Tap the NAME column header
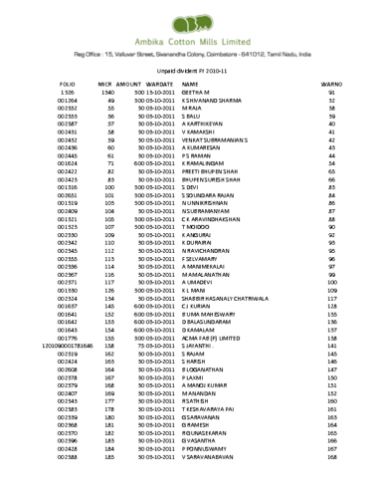click(x=191, y=87)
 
